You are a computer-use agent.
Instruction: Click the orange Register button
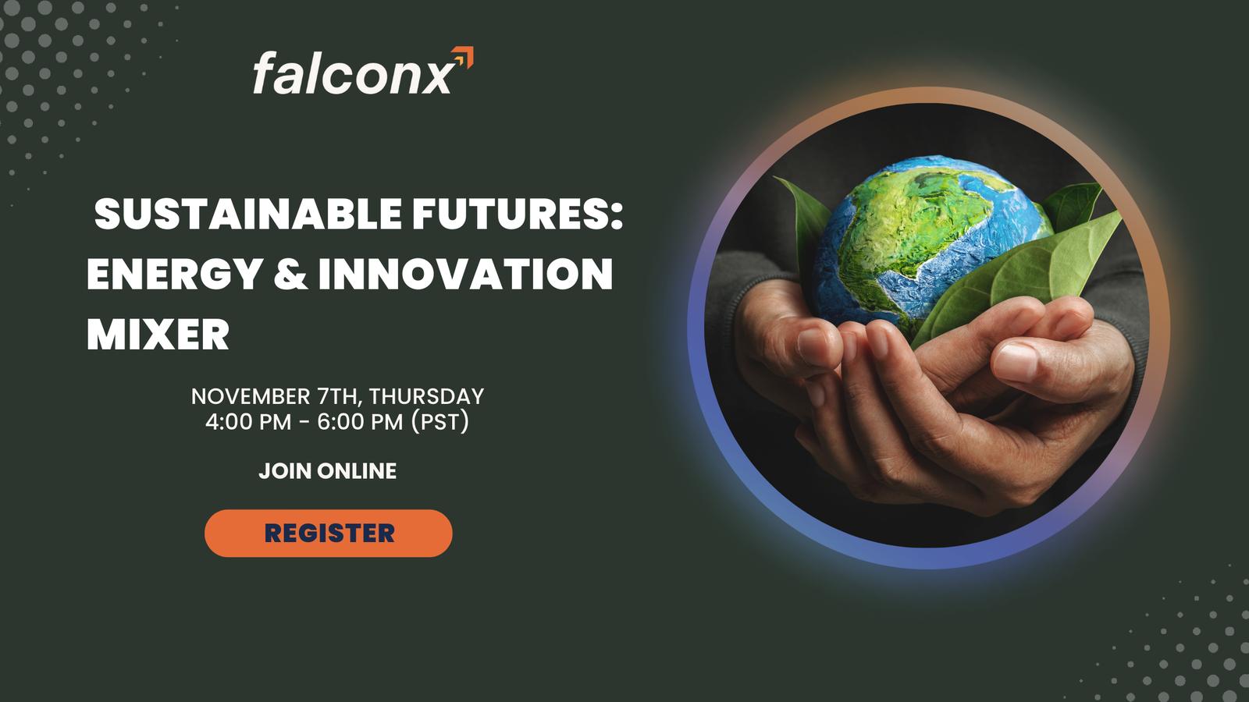coord(329,534)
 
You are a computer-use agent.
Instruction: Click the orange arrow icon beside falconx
coord(463,58)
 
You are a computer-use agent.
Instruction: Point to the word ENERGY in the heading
coord(175,274)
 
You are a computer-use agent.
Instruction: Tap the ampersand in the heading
coord(290,274)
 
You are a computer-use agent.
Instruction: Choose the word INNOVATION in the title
coord(465,274)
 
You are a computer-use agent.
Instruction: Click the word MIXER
coord(158,335)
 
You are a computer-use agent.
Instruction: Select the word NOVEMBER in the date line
coord(251,397)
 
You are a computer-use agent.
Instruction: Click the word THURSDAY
coord(426,397)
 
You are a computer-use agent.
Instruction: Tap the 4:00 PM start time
coord(248,422)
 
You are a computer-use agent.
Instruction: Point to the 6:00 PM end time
coord(360,422)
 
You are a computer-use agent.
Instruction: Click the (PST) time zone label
coord(440,422)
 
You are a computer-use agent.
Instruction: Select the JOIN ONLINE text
coord(328,471)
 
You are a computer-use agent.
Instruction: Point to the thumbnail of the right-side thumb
coord(1016,362)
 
